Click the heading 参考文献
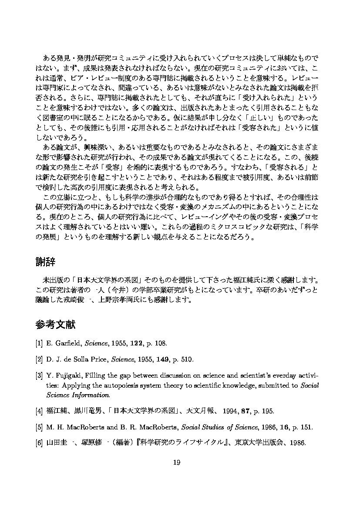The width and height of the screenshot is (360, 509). click(x=55, y=325)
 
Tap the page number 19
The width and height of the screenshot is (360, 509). click(x=177, y=462)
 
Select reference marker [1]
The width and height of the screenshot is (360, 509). click(x=39, y=344)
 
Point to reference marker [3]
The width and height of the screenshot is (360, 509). click(x=39, y=375)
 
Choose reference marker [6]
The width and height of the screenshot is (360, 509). click(x=39, y=443)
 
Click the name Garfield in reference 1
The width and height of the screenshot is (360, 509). click(x=67, y=344)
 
